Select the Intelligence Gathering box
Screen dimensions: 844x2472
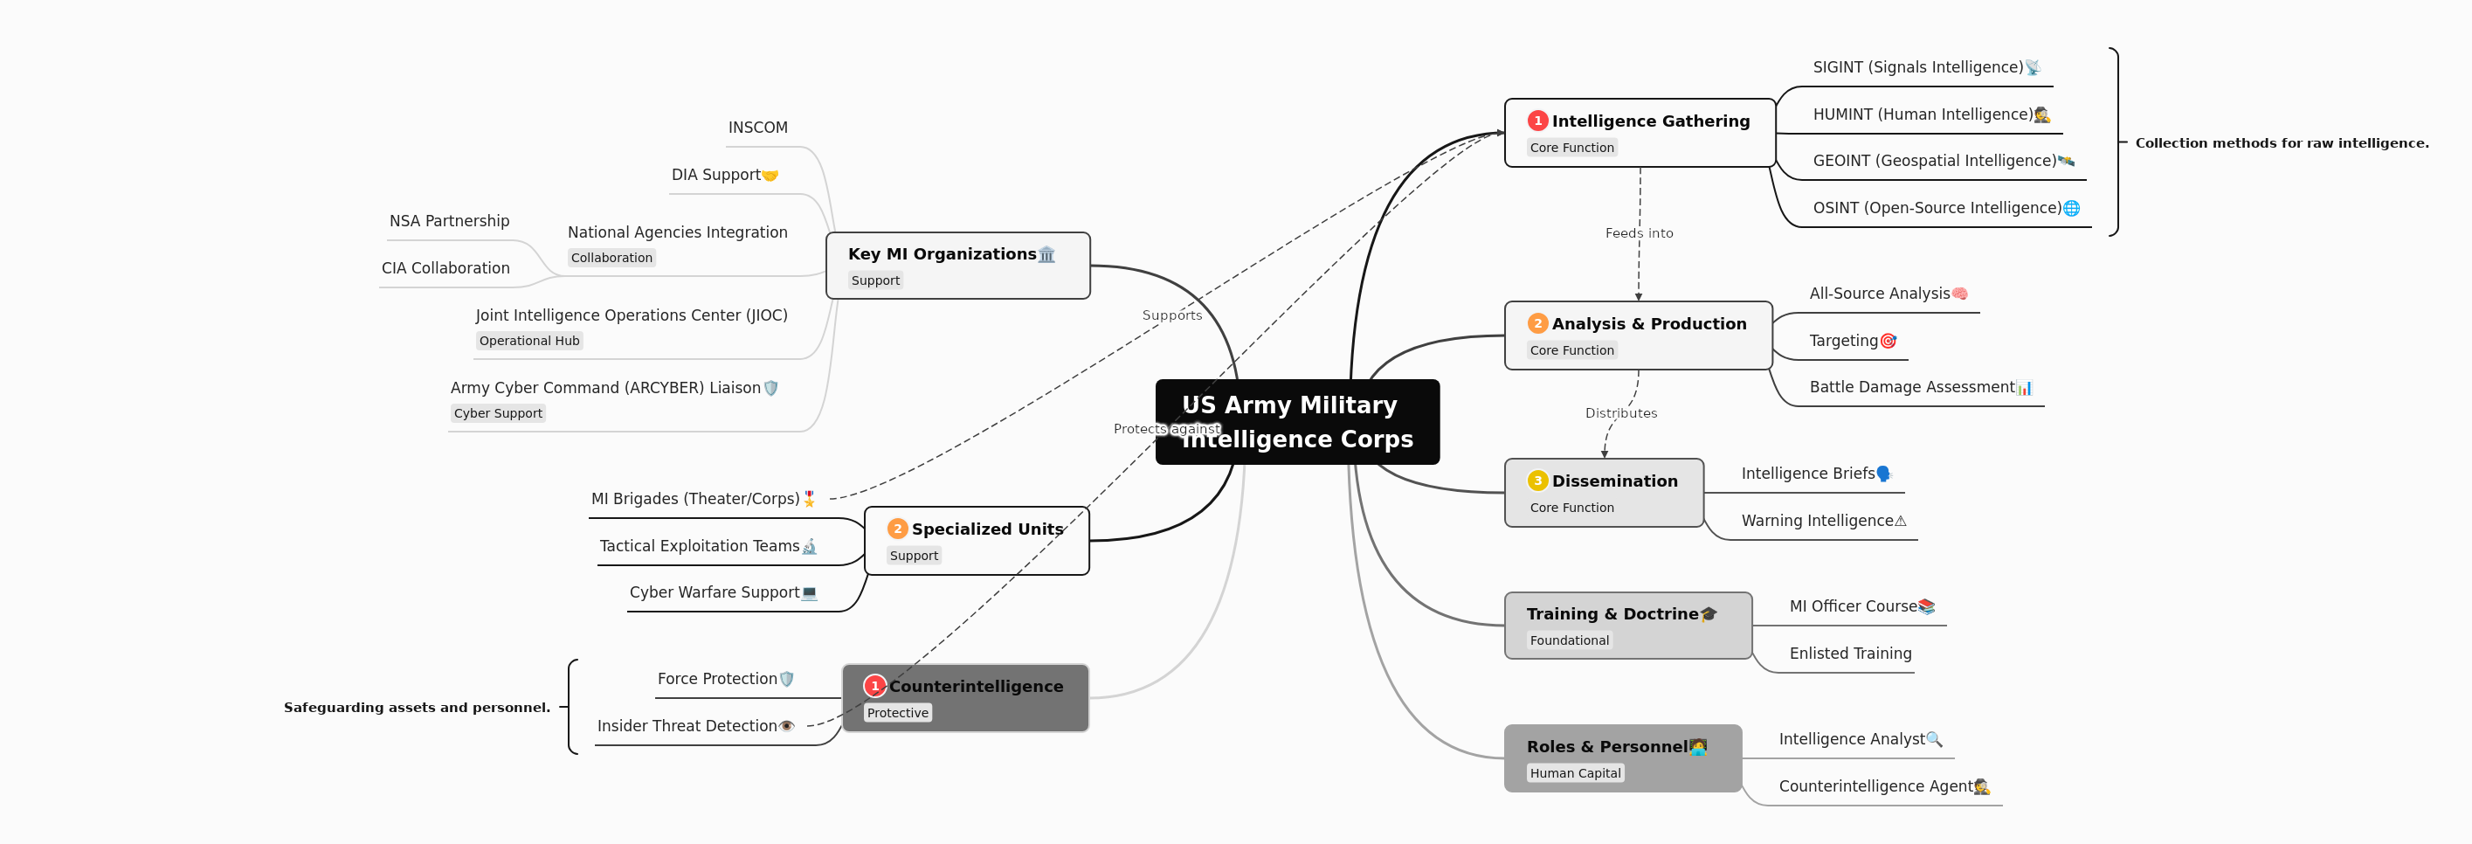tap(1639, 133)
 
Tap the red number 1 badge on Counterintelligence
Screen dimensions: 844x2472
tap(874, 686)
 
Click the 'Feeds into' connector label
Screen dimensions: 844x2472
tap(1639, 233)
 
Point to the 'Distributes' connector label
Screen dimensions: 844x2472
tap(1621, 413)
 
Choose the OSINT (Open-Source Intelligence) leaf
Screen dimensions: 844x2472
tap(1937, 207)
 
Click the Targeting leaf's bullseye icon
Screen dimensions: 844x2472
tap(1888, 341)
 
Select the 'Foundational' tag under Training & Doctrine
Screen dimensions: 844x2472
tap(1569, 640)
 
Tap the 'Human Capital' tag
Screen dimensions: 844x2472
tap(1575, 773)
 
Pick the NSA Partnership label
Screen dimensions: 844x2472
tap(449, 221)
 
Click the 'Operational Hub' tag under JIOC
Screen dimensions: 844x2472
tap(528, 341)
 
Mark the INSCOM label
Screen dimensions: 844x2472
tap(757, 128)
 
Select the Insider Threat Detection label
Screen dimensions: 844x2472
tap(687, 726)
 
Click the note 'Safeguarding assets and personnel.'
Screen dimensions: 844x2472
tap(417, 708)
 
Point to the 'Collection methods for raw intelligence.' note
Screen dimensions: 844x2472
tap(2281, 143)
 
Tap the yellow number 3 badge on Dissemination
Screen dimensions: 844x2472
tap(1537, 481)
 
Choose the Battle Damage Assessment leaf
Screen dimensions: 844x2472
tap(1911, 387)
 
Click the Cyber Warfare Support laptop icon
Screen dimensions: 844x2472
tap(809, 593)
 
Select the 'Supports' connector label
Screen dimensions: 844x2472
tap(1171, 315)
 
